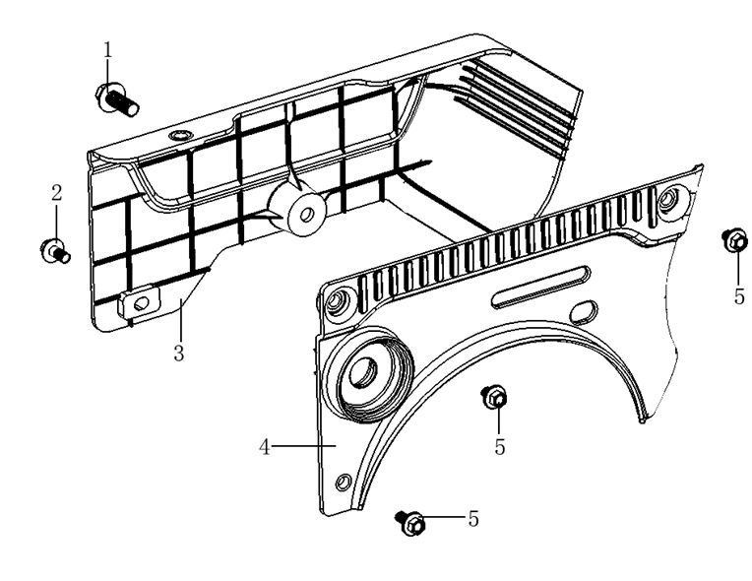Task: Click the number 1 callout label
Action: (x=108, y=48)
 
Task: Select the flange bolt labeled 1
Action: (x=115, y=97)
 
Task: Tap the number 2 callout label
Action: (x=56, y=192)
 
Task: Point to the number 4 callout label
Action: (x=264, y=447)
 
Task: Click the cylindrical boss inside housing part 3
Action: (x=299, y=211)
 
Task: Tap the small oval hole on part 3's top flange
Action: (x=179, y=134)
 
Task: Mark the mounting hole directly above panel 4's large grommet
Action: (x=338, y=299)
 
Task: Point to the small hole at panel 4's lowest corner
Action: (x=343, y=482)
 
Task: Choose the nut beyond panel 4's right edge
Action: (x=732, y=239)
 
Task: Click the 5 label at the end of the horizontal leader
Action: (x=473, y=518)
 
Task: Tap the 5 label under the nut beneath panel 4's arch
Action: (x=500, y=447)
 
